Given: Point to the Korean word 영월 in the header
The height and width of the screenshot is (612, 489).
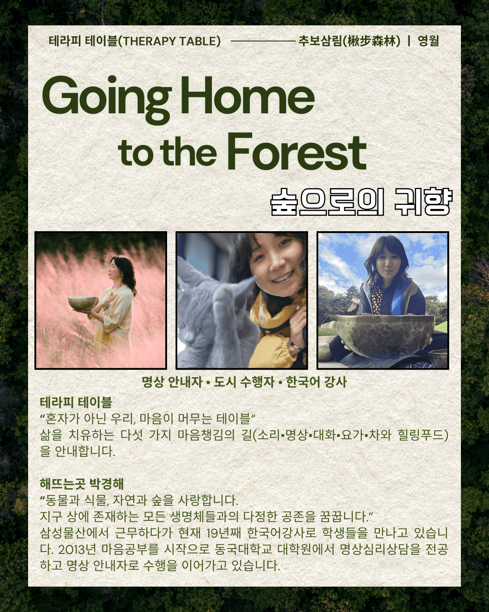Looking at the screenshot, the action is coord(428,41).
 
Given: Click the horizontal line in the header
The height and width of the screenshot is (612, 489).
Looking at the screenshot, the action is coord(263,41).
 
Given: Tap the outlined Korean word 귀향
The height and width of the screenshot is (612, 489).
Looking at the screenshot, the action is coord(423,202).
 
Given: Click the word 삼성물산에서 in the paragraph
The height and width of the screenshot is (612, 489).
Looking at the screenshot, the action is coord(74,533).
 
